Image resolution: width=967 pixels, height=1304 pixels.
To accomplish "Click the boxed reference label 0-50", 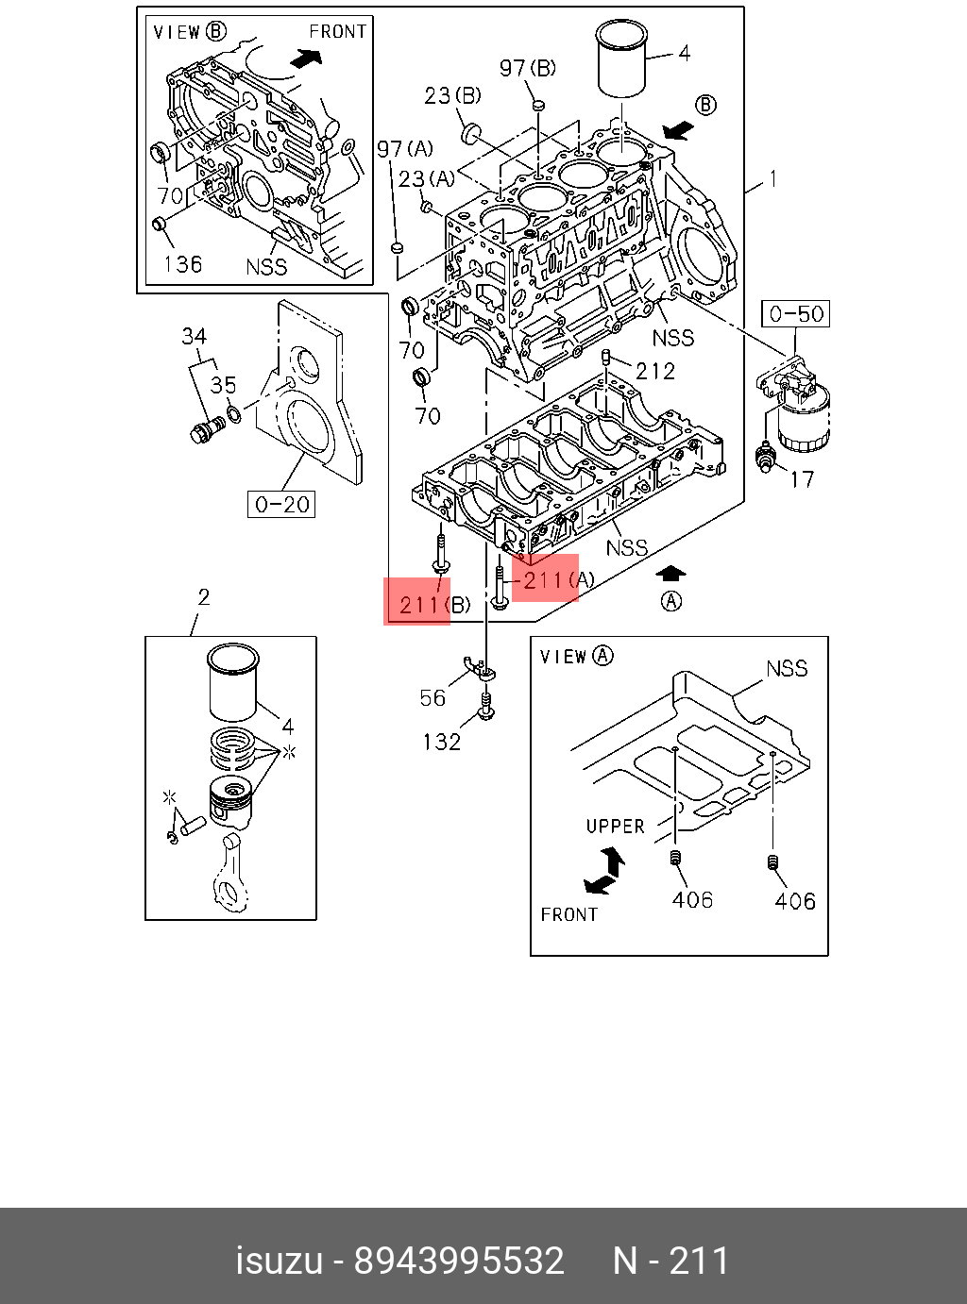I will (796, 314).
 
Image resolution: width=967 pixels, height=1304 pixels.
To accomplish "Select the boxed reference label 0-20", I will (282, 505).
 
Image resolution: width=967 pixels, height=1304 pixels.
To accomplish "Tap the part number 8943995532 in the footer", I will (459, 1261).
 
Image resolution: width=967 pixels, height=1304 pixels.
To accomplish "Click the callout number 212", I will (655, 371).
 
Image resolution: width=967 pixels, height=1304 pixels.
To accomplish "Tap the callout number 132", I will (441, 743).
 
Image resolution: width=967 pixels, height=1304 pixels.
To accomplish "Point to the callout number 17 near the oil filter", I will (801, 479).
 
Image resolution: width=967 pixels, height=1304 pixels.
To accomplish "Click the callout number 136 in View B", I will (182, 264).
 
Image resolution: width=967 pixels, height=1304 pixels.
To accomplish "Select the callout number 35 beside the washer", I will (223, 385).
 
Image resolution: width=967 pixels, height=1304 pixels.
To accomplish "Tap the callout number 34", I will (194, 336).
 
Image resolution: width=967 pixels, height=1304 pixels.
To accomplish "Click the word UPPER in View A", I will (615, 827).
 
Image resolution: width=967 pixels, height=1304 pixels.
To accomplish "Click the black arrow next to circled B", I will (677, 128).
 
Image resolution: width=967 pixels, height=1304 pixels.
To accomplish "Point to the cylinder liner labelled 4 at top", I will (621, 60).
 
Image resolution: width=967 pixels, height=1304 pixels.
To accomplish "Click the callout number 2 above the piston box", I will (203, 596).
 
